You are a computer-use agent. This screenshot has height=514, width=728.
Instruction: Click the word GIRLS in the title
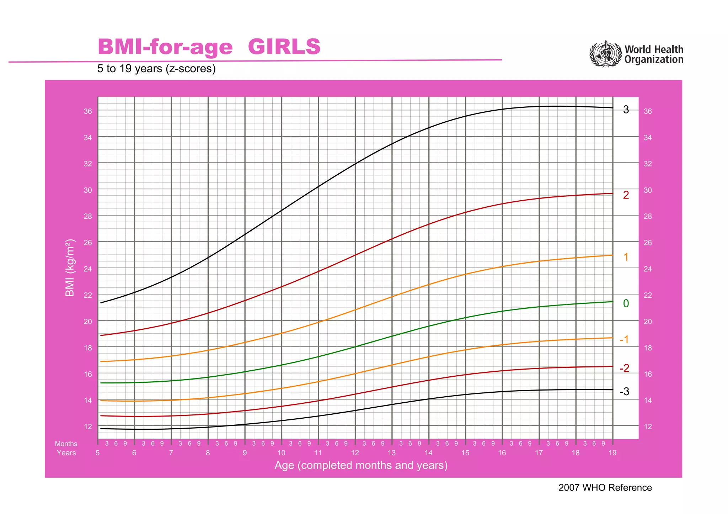click(284, 47)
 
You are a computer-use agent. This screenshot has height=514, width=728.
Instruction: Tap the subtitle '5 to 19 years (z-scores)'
click(156, 68)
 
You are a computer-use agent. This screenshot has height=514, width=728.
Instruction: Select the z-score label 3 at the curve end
click(626, 110)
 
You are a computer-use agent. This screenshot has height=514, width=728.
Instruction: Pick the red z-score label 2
click(626, 195)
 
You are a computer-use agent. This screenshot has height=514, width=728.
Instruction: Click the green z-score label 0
click(626, 303)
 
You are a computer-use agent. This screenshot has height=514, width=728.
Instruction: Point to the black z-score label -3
click(624, 392)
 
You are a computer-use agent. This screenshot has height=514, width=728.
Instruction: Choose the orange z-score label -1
click(624, 340)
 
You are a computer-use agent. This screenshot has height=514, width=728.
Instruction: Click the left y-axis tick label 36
click(87, 111)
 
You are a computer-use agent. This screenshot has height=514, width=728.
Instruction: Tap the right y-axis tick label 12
click(648, 426)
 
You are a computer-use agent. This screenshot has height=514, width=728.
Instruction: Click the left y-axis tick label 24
click(87, 269)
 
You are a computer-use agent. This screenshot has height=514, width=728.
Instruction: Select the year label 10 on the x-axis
click(281, 453)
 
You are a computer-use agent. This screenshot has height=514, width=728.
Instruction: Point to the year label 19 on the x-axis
click(612, 453)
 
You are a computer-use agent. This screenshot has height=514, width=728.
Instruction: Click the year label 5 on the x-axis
click(98, 453)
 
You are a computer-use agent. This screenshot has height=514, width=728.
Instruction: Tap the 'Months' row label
click(66, 444)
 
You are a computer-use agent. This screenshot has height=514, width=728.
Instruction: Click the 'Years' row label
click(66, 453)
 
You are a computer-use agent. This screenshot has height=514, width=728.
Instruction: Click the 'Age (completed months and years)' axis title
click(361, 465)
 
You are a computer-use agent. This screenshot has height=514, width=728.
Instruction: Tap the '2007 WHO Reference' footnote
click(605, 487)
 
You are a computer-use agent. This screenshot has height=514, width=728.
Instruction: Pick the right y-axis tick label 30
click(648, 190)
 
